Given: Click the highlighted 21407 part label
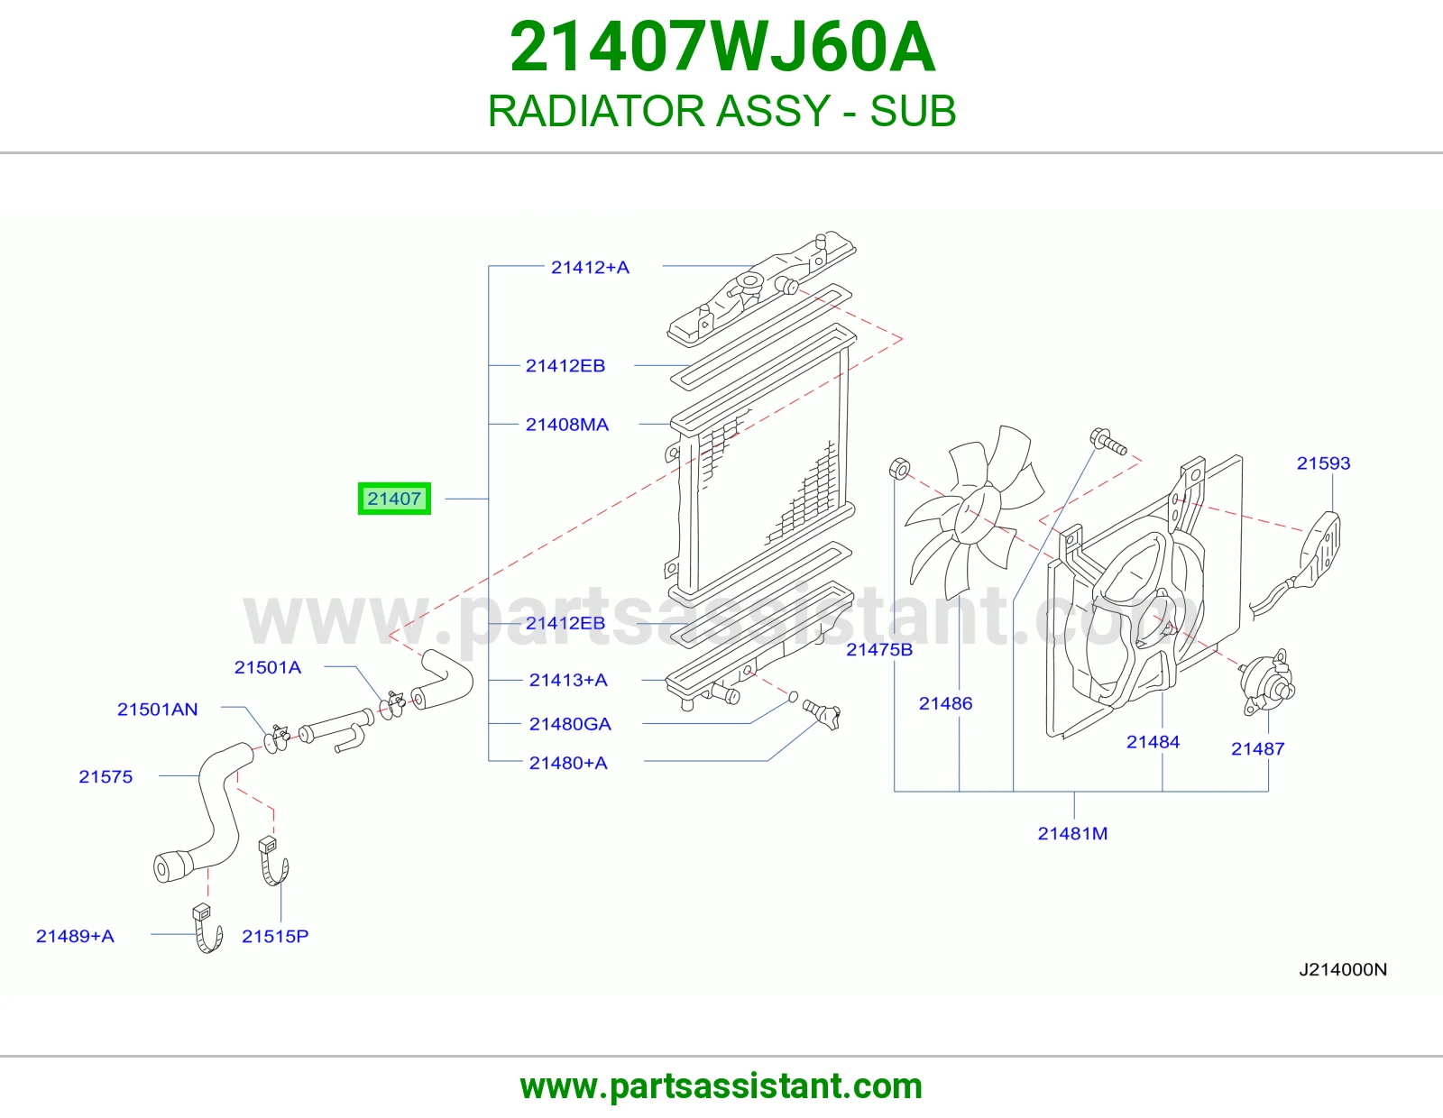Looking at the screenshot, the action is (x=394, y=499).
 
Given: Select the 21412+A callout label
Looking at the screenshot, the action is (x=590, y=268).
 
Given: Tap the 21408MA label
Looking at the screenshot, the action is (x=567, y=425).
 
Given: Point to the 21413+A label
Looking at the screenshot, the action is (x=568, y=681).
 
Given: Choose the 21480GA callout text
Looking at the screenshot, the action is (x=570, y=724).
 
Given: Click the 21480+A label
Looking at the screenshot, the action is (x=568, y=764).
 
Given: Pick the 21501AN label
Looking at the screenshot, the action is (x=158, y=710).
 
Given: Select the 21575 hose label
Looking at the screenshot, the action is (x=106, y=777).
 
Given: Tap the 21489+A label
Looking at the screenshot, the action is (x=75, y=936).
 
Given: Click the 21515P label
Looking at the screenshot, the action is (x=275, y=936).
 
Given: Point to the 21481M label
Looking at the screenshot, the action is (x=1072, y=833).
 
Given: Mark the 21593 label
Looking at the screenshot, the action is (x=1323, y=463).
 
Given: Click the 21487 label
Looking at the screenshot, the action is (x=1258, y=749).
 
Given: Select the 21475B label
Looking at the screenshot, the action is (x=879, y=650).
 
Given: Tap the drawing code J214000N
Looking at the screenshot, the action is (x=1343, y=970).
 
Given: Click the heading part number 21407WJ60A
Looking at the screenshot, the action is (x=722, y=47).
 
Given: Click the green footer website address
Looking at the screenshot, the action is (x=721, y=1086).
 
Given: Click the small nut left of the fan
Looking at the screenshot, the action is (x=899, y=468).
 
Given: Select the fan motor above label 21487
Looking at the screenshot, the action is (x=1266, y=683).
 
